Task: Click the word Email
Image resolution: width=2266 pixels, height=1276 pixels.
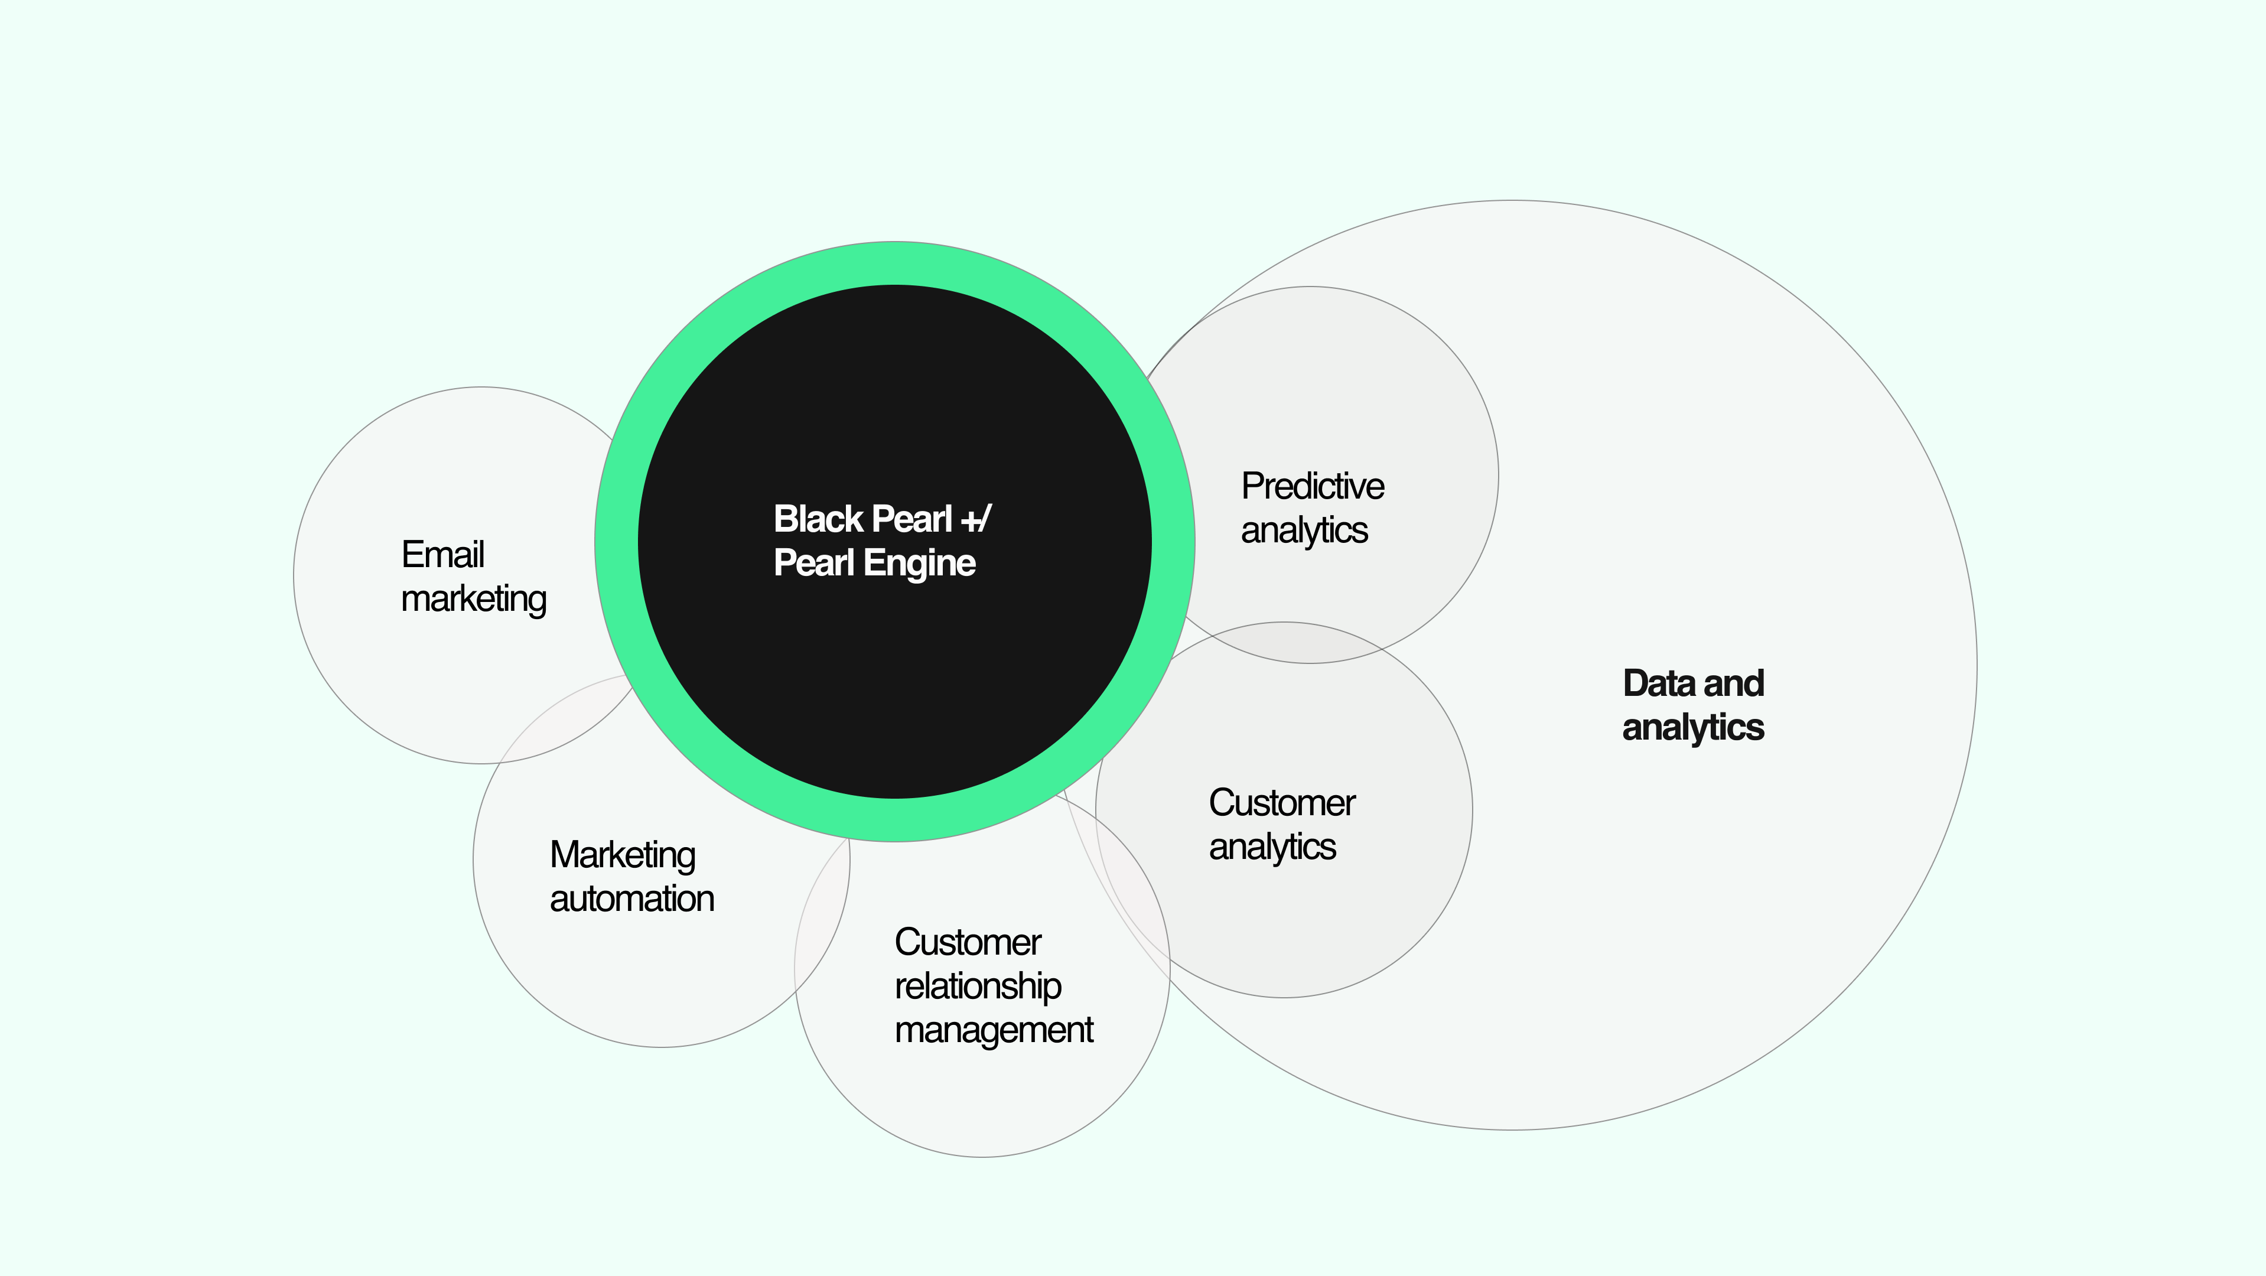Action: pyautogui.click(x=442, y=555)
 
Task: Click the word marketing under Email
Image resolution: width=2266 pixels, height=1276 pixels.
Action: pyautogui.click(x=473, y=600)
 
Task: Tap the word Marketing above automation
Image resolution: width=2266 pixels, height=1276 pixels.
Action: pyautogui.click(x=622, y=855)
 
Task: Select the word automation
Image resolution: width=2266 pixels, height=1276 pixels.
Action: pyautogui.click(x=631, y=899)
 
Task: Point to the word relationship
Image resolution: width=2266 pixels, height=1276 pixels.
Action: pyautogui.click(x=977, y=987)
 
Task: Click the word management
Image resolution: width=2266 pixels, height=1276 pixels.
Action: pyautogui.click(x=993, y=1030)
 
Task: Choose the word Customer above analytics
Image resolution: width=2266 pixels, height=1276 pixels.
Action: pyautogui.click(x=1282, y=803)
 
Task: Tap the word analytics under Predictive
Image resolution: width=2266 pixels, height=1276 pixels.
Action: pyautogui.click(x=1304, y=530)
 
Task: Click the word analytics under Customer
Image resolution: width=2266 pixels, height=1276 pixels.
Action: pyautogui.click(x=1272, y=847)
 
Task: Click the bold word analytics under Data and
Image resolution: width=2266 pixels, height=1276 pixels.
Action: pyautogui.click(x=1692, y=727)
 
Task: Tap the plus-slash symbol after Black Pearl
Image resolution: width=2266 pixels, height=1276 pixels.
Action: pyautogui.click(x=976, y=519)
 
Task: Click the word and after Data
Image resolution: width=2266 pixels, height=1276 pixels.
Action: pyautogui.click(x=1733, y=683)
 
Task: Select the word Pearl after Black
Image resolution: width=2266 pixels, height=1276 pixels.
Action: pyautogui.click(x=912, y=519)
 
